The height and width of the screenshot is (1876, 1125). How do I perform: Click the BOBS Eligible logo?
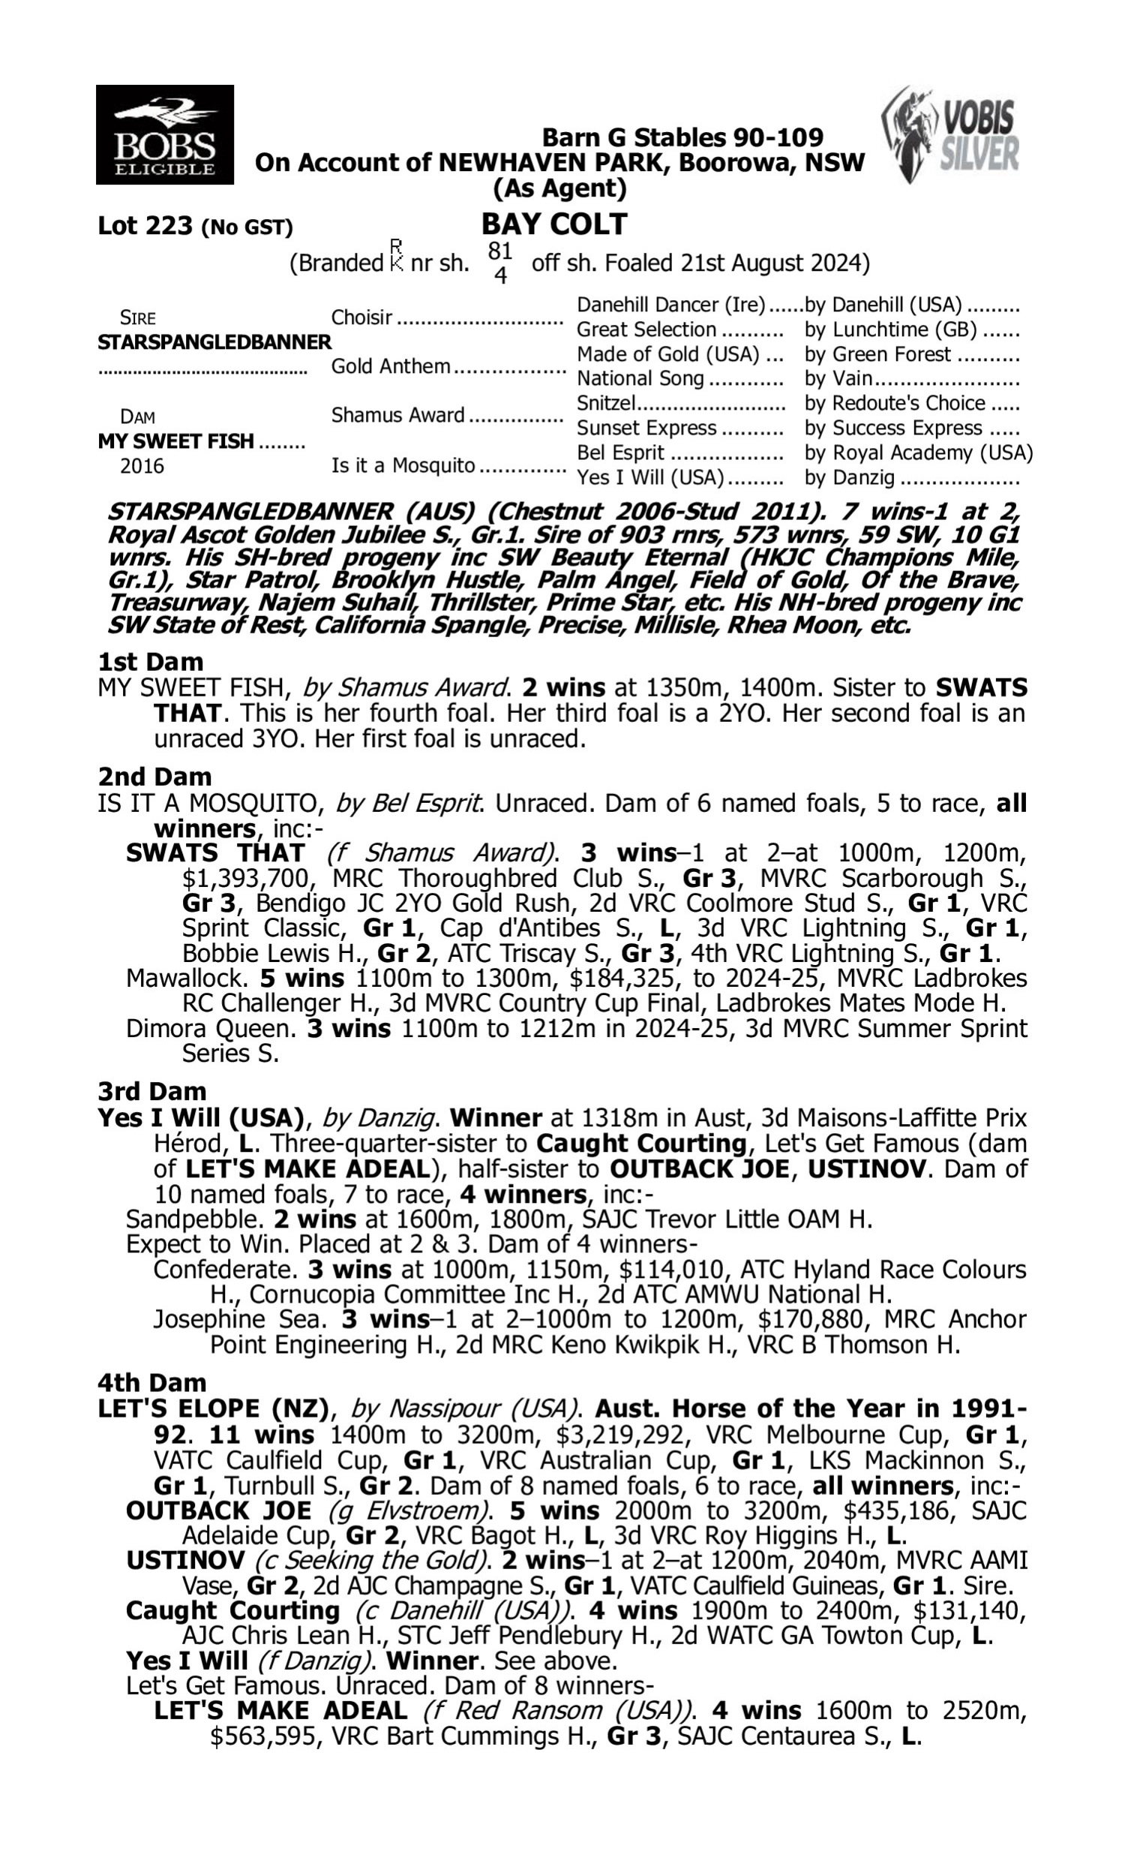(x=164, y=134)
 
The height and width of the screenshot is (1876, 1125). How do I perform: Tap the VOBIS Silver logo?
(x=951, y=134)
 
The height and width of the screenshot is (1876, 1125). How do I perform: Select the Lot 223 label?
(x=145, y=226)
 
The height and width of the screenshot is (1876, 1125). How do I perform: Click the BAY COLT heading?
(x=554, y=224)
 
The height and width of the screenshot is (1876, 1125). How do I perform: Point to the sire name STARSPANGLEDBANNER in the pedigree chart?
(x=214, y=342)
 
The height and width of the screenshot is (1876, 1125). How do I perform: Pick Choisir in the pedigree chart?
(x=361, y=317)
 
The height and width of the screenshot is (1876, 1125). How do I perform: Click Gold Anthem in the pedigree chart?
(x=391, y=366)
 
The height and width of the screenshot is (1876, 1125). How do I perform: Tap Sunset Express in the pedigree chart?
(x=646, y=428)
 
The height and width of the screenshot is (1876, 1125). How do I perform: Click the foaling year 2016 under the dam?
(x=142, y=466)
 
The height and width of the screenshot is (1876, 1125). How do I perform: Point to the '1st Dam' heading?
(x=150, y=662)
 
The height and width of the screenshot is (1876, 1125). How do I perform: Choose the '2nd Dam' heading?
(x=154, y=777)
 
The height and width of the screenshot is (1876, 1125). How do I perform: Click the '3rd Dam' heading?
(x=151, y=1091)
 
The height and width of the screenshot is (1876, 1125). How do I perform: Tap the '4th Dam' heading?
(x=151, y=1383)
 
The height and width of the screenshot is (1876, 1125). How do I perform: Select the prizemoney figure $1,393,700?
(x=247, y=878)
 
